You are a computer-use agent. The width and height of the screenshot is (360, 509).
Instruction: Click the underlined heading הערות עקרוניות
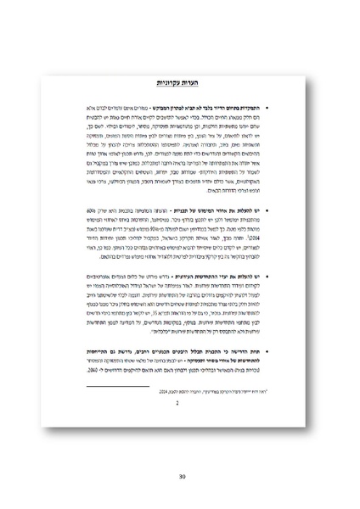point(179,82)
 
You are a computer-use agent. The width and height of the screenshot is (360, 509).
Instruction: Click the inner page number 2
point(179,404)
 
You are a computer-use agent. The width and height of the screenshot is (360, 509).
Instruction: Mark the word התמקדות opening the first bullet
point(250,110)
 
